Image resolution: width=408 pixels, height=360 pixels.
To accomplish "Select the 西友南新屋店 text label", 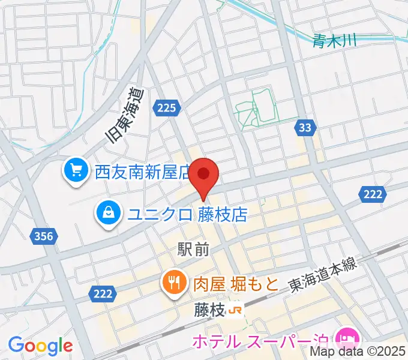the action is click(143, 173).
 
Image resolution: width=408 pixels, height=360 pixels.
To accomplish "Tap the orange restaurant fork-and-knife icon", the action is click(174, 281).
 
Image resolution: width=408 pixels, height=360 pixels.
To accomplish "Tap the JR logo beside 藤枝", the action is click(236, 310).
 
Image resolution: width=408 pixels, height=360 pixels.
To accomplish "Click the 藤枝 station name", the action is click(209, 310).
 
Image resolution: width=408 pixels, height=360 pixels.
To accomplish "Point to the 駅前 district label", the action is click(193, 249).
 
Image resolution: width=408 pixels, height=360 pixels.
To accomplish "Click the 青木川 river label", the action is click(334, 41).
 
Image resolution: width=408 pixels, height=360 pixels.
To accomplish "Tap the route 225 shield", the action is click(167, 108).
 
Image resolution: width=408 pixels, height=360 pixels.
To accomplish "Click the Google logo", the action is click(40, 346).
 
